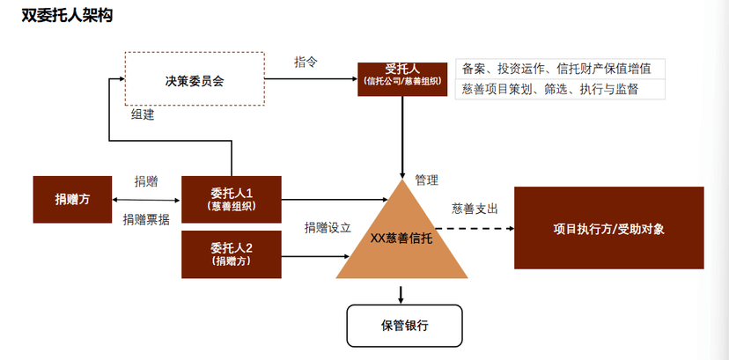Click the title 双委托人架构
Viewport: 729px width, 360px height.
pyautogui.click(x=66, y=17)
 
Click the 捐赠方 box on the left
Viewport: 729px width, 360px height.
pyautogui.click(x=73, y=199)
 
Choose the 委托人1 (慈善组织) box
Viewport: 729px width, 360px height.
pyautogui.click(x=232, y=199)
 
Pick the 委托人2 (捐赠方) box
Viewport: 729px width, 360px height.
pyautogui.click(x=232, y=253)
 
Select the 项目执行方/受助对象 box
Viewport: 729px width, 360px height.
pyautogui.click(x=608, y=229)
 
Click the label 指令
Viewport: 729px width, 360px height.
pyautogui.click(x=306, y=62)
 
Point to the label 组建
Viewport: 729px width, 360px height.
pyautogui.click(x=143, y=114)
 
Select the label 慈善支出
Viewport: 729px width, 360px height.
pyautogui.click(x=475, y=209)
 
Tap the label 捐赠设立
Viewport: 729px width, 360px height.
pyautogui.click(x=328, y=227)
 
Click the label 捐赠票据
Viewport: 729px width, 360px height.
pyautogui.click(x=146, y=220)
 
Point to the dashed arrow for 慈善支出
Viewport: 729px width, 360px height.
pyautogui.click(x=475, y=229)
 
